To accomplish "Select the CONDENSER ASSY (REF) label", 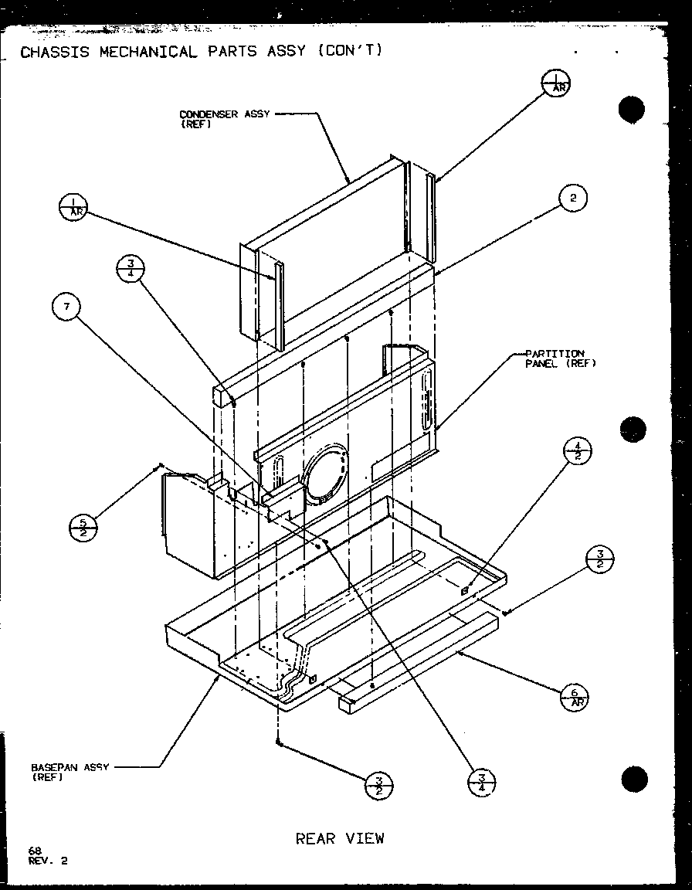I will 224,118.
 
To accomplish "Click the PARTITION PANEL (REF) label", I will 561,358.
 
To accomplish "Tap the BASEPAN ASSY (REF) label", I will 70,772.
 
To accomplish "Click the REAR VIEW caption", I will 340,838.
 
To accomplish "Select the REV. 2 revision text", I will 48,861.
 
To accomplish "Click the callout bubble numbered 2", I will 572,199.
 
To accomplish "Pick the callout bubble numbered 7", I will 67,308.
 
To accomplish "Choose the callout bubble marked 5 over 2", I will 83,527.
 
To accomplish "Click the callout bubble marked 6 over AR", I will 574,697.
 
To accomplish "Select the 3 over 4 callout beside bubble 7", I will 131,270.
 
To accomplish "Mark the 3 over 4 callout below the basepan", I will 482,783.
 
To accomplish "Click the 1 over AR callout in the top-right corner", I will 555,82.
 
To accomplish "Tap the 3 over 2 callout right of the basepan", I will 600,557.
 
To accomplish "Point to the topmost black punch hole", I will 631,110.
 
